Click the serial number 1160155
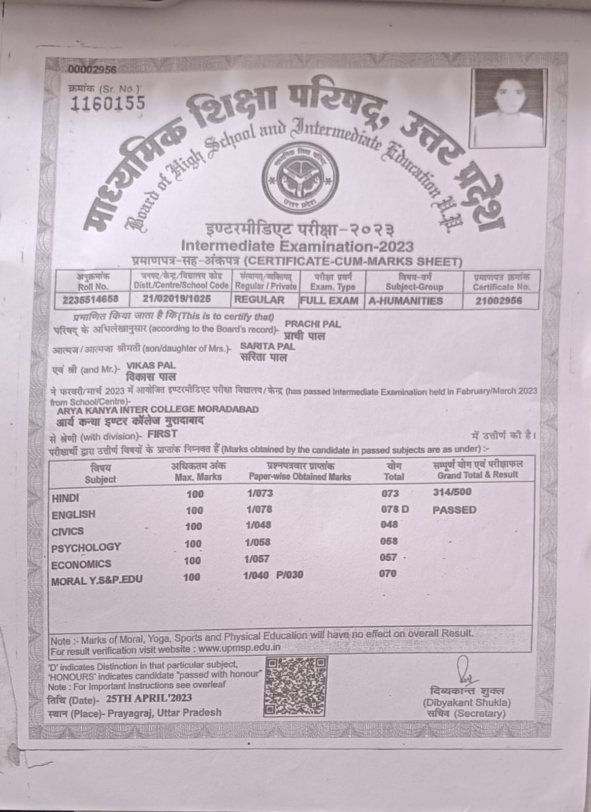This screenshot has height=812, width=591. (108, 103)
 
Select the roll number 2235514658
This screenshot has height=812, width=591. (90, 299)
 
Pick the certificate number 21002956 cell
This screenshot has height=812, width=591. (499, 300)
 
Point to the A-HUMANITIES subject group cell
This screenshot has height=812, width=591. (406, 300)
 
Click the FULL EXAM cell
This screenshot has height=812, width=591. (330, 300)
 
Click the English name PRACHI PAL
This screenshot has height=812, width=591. (313, 324)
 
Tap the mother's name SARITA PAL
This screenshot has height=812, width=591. (268, 346)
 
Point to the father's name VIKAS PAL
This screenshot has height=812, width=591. (151, 365)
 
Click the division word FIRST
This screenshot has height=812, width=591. (162, 433)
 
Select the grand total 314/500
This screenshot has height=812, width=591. (452, 492)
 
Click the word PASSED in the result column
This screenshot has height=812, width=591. (454, 510)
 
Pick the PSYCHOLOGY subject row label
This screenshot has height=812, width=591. (86, 547)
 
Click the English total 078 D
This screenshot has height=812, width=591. (395, 509)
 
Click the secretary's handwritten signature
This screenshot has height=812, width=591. (464, 670)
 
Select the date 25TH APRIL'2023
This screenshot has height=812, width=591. (149, 698)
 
